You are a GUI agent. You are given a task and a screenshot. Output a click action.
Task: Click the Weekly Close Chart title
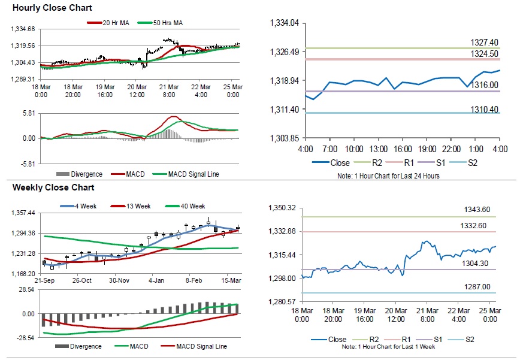45,187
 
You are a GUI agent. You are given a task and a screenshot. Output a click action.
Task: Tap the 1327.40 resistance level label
485,43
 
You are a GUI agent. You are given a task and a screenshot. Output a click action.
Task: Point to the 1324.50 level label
485,54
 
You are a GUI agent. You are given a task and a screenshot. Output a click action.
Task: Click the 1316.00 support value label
485,86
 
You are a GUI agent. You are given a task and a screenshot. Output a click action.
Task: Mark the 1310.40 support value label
485,109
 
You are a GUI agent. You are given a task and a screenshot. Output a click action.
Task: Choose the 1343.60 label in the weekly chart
477,210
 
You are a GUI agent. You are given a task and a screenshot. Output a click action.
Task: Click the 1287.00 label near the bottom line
477,287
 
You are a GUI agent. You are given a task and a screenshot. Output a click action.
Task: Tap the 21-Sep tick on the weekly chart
46,280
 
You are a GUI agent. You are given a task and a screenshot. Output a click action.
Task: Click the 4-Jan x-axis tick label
156,280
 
